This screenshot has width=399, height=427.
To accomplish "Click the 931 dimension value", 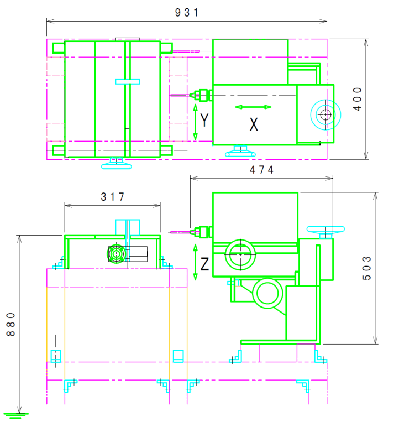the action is click(186, 13).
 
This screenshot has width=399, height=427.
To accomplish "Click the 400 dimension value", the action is click(358, 99).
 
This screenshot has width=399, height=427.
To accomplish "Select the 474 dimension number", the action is click(261, 170).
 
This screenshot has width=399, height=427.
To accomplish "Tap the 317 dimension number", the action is click(112, 197).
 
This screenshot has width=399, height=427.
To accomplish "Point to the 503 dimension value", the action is click(366, 268).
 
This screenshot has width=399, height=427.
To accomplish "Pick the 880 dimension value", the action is click(11, 324).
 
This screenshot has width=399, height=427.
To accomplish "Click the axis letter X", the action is click(254, 124).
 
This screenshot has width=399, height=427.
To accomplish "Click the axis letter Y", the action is click(204, 120).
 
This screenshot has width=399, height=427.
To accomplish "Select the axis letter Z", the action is click(204, 264).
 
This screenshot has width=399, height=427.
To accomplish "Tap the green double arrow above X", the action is click(253, 107).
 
